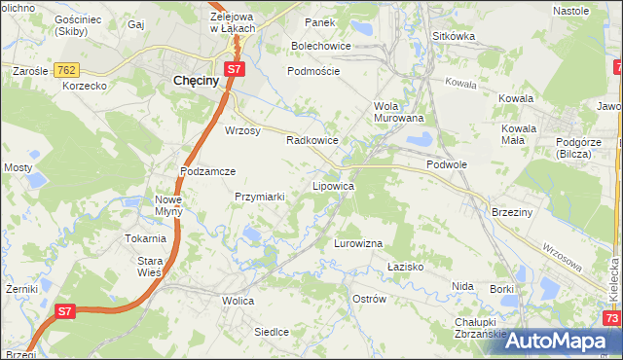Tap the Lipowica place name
pos(332,185)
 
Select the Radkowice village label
pos(311,140)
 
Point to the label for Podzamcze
pos(208,170)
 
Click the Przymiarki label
pos(260,197)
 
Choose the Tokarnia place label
pos(145,238)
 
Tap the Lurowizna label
pos(358,242)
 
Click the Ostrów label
pos(370,298)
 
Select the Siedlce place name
pos(272,332)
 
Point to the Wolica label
pos(238,302)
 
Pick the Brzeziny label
pos(511,212)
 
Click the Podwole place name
pos(447,165)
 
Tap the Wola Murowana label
pos(399,112)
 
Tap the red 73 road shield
pos(611,318)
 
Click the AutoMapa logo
pos(555,341)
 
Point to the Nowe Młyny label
pos(168,206)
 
